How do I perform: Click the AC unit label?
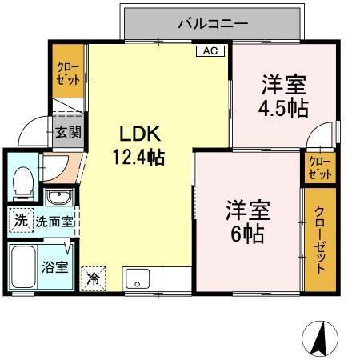210,51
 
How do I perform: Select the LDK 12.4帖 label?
142,144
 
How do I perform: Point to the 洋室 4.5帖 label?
284,96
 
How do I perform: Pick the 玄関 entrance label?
65,133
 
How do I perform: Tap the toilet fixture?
23,182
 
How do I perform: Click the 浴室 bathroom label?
55,269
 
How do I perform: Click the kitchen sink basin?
138,280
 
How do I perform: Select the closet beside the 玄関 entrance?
70,73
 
